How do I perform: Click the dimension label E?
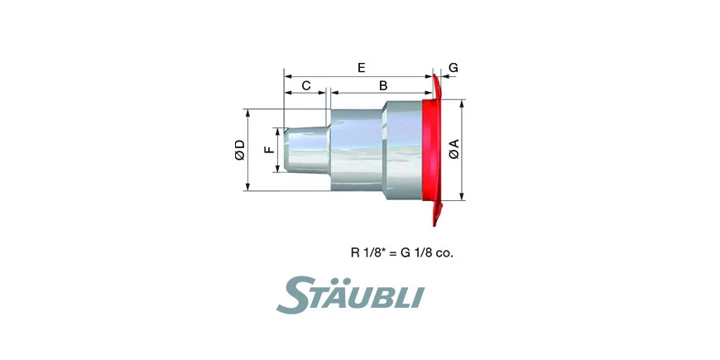[362, 68]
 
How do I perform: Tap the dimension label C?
[306, 85]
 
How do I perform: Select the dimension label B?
[383, 85]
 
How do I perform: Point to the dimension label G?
[454, 68]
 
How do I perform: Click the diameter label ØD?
[240, 150]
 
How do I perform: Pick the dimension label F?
[270, 150]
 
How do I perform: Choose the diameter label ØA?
[454, 150]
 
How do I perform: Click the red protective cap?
[433, 150]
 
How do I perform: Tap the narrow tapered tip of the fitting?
[306, 150]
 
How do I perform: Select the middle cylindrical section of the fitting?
[357, 150]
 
